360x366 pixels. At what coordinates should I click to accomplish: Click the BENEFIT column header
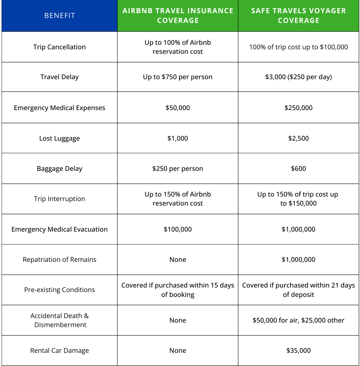[x=59, y=16]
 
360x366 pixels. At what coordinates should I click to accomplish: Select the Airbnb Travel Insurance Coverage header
[x=178, y=16]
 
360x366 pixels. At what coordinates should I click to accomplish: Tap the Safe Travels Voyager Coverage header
[x=298, y=16]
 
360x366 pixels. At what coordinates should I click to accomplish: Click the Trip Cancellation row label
[x=59, y=47]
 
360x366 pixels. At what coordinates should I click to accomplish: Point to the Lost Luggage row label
[x=59, y=138]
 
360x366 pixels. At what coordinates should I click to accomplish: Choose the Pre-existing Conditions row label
[x=59, y=290]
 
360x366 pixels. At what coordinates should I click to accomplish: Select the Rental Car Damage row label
[x=59, y=350]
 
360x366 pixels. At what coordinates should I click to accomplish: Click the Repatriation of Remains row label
[x=59, y=259]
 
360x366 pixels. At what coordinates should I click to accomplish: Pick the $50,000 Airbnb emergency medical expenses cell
[x=178, y=108]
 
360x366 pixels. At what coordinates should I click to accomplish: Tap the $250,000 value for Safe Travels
[x=298, y=108]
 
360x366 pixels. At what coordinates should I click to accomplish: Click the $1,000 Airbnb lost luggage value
[x=178, y=138]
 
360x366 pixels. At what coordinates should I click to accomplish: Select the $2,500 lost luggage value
[x=298, y=138]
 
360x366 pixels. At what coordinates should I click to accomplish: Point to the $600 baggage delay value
[x=298, y=168]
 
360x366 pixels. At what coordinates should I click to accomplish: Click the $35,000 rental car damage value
[x=298, y=350]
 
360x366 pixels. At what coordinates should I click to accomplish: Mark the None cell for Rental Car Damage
[x=178, y=350]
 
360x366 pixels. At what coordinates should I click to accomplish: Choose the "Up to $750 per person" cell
[x=178, y=77]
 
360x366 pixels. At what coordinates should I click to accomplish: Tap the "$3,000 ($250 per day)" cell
[x=298, y=77]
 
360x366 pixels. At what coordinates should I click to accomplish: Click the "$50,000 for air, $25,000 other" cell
[x=298, y=320]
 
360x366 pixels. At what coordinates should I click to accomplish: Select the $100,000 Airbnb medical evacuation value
[x=178, y=229]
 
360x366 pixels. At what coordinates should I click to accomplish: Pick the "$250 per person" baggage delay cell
[x=178, y=168]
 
